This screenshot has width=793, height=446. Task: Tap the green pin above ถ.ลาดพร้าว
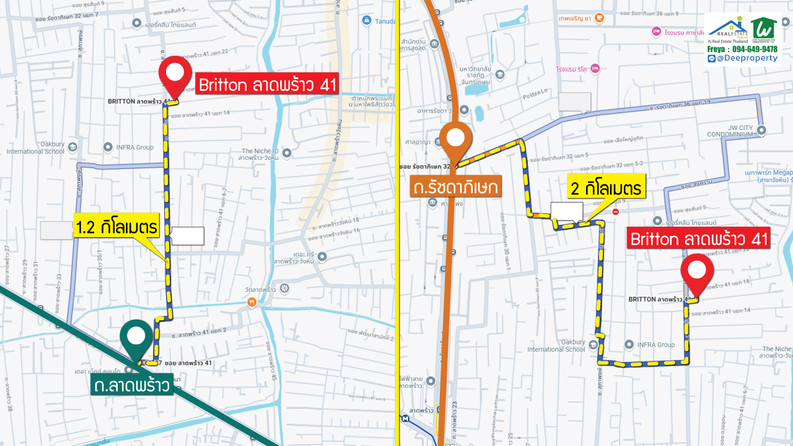[136, 338]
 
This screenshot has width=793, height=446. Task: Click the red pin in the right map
[697, 271]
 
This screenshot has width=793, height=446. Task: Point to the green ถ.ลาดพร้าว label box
[131, 386]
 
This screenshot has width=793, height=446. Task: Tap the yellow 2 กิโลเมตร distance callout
[607, 186]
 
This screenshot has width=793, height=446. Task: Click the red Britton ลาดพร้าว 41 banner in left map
[268, 84]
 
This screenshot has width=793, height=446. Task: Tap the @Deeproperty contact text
[747, 58]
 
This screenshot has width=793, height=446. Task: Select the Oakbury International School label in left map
[35, 147]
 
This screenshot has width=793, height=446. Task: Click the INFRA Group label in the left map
[134, 147]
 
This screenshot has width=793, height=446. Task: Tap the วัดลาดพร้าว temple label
[260, 289]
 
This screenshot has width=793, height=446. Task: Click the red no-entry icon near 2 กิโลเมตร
[615, 212]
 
